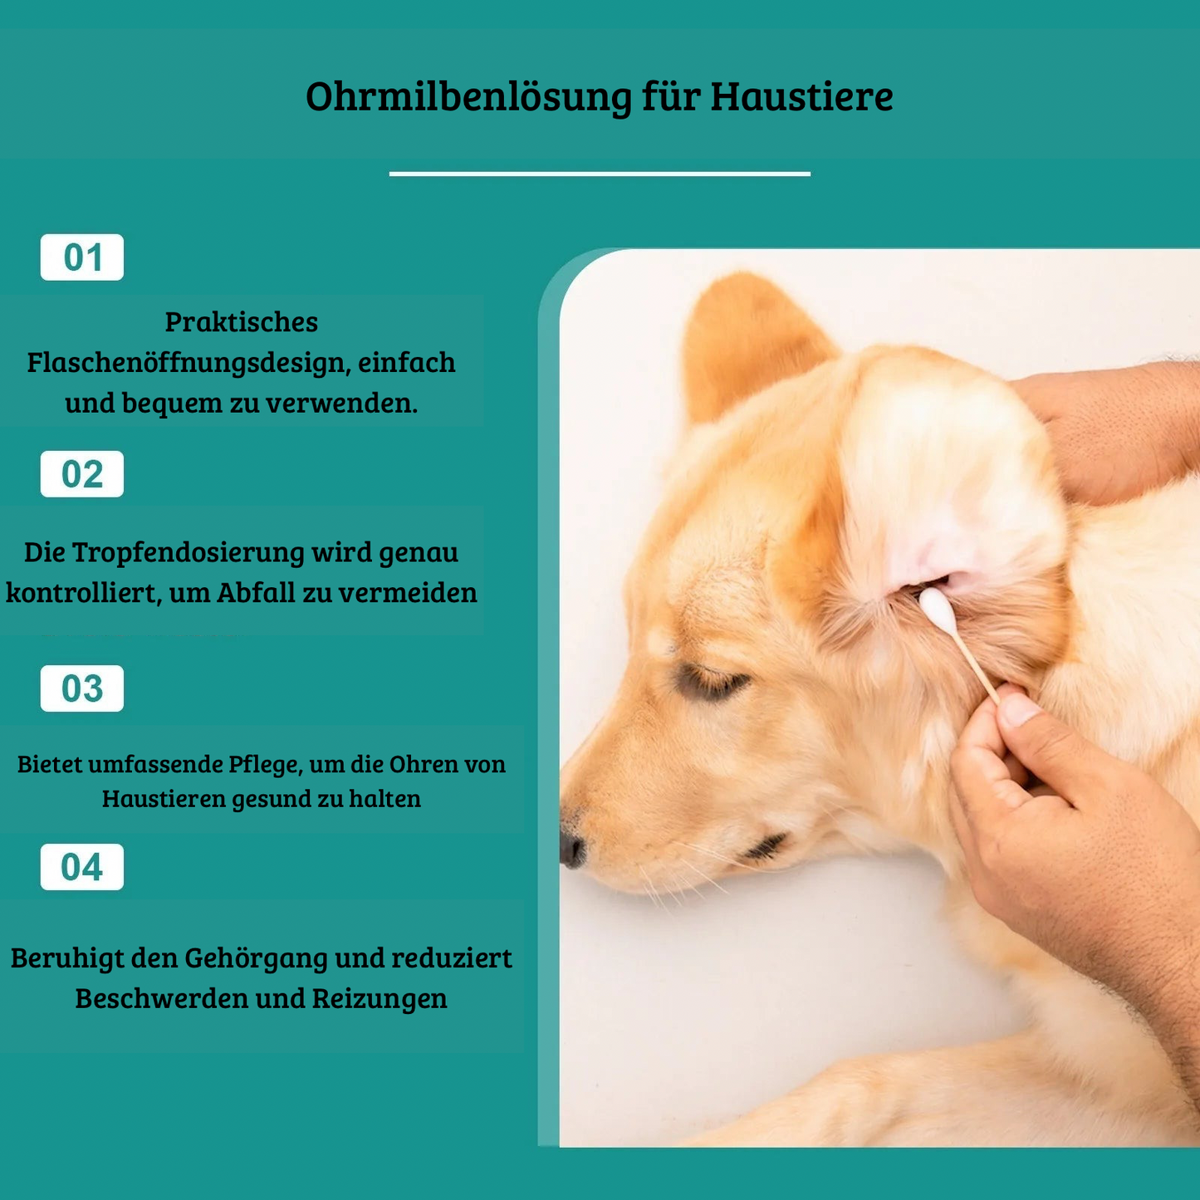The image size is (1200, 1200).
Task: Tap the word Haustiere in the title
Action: pos(801,96)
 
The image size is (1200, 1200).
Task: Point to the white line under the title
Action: pos(600,174)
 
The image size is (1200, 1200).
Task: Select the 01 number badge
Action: pos(82,257)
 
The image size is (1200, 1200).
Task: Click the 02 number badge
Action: pos(82,474)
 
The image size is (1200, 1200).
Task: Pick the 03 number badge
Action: pos(82,688)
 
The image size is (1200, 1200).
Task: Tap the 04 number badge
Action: pos(82,867)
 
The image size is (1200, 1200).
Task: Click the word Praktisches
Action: pos(242,322)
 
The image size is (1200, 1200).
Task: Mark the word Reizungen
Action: pos(380,998)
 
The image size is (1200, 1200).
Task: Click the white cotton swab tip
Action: pos(935,609)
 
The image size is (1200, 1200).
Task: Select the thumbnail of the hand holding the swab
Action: pos(1018,711)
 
